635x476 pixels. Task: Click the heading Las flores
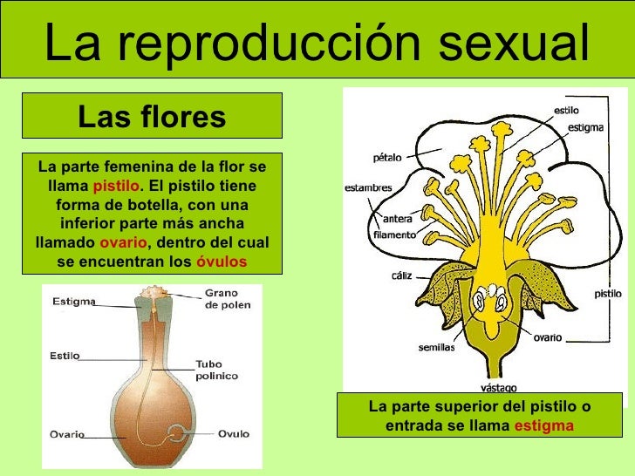click(x=151, y=116)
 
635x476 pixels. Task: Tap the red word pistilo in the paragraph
click(x=115, y=187)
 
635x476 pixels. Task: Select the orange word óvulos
click(x=222, y=262)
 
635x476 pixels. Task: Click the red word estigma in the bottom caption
click(x=543, y=425)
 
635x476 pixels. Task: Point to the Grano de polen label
click(x=225, y=299)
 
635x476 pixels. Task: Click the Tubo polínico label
click(x=215, y=371)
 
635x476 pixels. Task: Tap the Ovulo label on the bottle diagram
click(x=233, y=433)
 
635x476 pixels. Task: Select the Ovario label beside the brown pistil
click(x=67, y=433)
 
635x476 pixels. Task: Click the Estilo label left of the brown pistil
click(x=65, y=356)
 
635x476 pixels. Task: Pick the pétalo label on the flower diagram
click(x=387, y=158)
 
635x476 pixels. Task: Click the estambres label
click(x=368, y=187)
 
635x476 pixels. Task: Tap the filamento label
click(x=394, y=235)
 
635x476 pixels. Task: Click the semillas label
click(x=436, y=346)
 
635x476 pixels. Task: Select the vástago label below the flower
click(x=499, y=387)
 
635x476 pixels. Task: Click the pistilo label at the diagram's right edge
click(x=608, y=294)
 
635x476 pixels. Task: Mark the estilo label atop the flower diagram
click(x=565, y=111)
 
